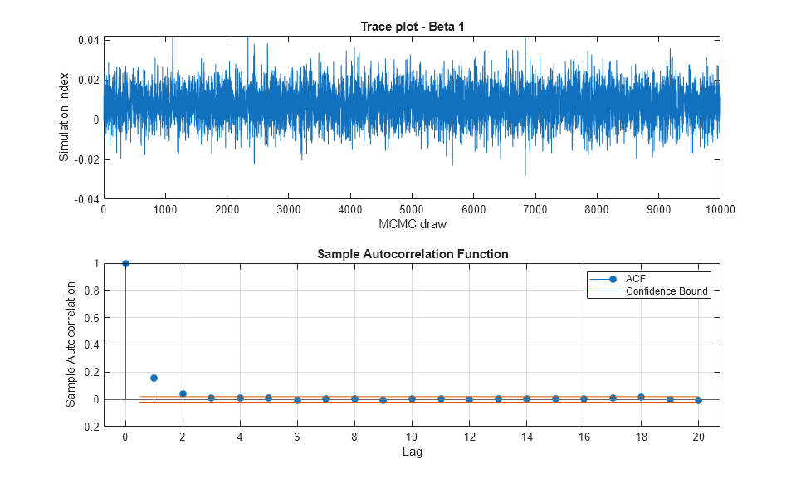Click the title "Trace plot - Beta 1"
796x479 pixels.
point(412,27)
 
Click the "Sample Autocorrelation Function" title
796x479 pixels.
point(412,253)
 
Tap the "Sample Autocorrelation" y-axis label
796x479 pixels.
point(71,344)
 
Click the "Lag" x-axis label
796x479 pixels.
point(412,452)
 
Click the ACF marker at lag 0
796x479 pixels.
point(125,263)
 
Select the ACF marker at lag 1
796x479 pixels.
point(154,378)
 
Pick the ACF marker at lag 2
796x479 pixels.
point(183,393)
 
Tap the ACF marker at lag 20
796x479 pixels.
point(698,400)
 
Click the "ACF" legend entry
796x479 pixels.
point(635,278)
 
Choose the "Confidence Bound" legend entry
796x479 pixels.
point(667,291)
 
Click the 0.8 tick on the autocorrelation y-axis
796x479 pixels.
point(90,291)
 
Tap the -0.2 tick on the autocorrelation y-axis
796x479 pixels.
point(89,427)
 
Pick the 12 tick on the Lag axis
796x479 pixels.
point(469,437)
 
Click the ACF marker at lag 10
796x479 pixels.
point(412,398)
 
